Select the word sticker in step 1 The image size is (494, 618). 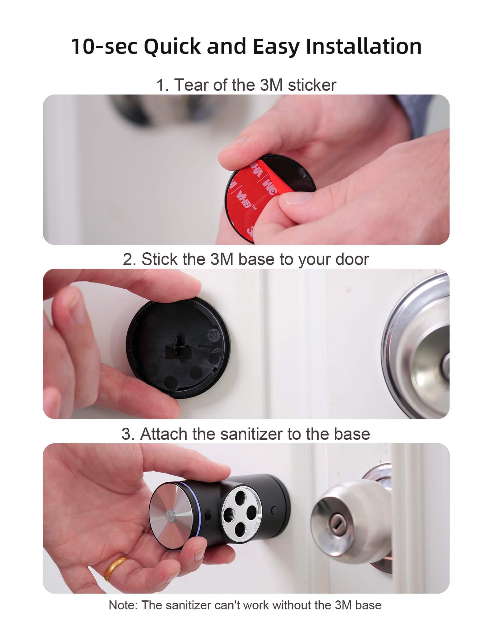[x=312, y=85]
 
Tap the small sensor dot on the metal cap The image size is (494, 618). [x=170, y=515]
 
